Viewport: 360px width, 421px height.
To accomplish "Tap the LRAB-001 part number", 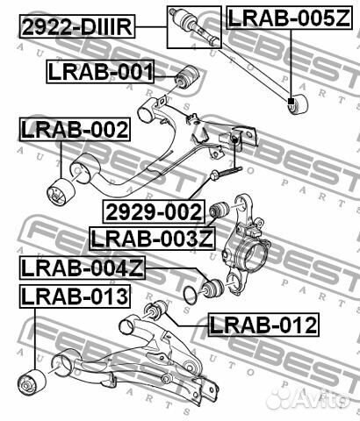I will [101, 73].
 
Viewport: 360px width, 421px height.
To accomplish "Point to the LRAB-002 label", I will [75, 131].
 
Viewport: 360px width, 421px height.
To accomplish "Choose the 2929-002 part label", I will [154, 211].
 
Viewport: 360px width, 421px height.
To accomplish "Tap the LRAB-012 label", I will [263, 326].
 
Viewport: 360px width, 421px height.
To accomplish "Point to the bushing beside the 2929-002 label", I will [220, 210].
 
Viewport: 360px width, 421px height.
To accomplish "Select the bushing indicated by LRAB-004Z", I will [212, 285].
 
